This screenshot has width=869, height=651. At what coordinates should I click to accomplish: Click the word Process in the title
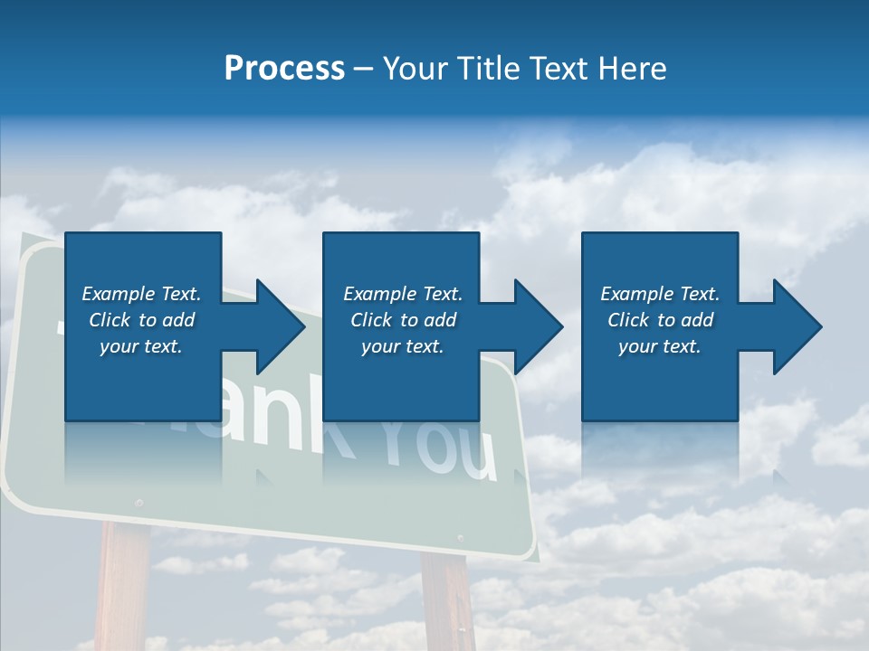point(284,69)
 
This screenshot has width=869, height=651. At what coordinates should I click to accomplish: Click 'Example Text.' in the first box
point(141,294)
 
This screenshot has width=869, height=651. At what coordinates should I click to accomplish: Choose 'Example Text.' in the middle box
point(403,294)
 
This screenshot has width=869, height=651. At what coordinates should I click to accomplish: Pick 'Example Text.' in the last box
point(660,294)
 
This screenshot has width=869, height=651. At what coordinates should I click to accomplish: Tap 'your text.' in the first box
point(141,346)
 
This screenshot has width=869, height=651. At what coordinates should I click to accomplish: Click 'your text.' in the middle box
point(403,346)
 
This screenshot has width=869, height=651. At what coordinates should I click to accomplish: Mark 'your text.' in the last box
point(660,346)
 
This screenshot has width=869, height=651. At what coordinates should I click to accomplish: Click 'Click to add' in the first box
point(141,320)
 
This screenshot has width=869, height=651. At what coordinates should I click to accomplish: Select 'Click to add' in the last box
point(660,320)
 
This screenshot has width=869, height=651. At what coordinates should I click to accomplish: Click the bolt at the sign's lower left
point(138,502)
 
